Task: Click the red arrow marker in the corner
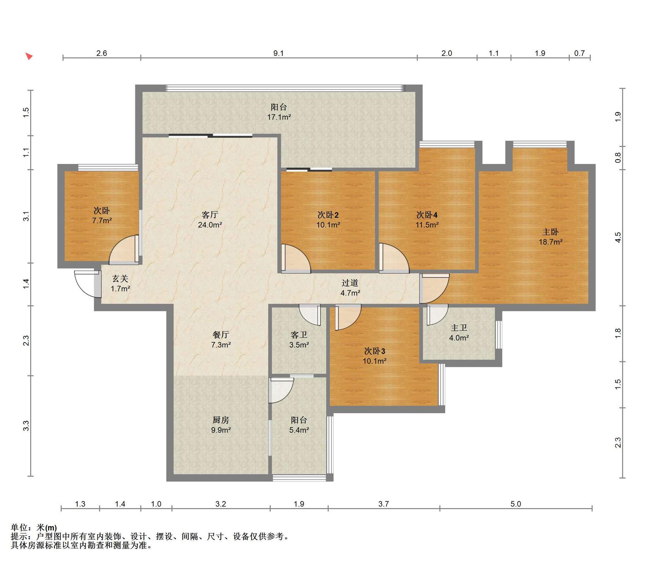tap(29, 56)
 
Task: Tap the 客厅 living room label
tap(210, 215)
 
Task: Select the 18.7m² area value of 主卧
tap(550, 242)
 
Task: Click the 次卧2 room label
tap(328, 215)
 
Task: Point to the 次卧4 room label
tap(427, 215)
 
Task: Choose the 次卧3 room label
tap(374, 351)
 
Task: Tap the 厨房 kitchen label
tap(221, 420)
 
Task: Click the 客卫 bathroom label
tap(299, 335)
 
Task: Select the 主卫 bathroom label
tap(459, 328)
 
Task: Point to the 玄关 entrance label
tap(120, 279)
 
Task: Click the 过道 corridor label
tap(350, 283)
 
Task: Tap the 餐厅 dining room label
tap(221, 335)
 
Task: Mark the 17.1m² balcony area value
tap(279, 117)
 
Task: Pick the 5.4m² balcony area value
tap(299, 430)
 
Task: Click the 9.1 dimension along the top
tap(278, 53)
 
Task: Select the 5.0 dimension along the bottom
tap(516, 504)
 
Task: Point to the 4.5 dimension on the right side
tap(618, 237)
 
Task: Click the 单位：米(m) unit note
tap(34, 528)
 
